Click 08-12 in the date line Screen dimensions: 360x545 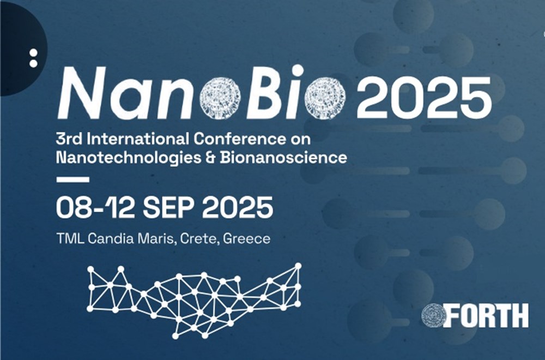[89, 207]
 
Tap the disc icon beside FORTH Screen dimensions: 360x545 [434, 315]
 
